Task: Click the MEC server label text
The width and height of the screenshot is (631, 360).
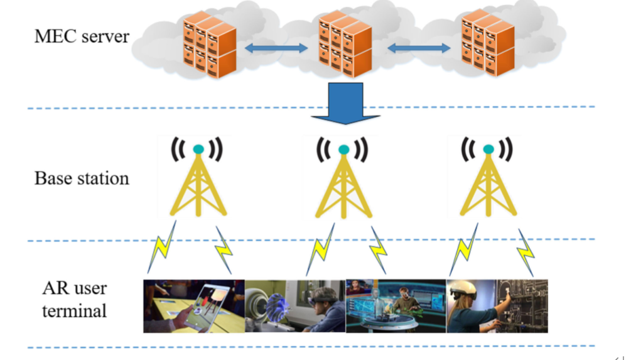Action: point(82,36)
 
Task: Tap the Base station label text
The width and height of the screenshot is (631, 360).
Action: point(82,178)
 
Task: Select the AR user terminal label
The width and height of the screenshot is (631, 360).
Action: point(75,299)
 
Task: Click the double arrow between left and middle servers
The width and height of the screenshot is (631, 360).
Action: point(277,48)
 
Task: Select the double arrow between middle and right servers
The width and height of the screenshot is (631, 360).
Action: point(419,48)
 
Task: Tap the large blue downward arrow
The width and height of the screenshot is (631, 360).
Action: point(345,102)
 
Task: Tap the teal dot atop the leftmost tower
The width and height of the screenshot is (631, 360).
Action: point(198,150)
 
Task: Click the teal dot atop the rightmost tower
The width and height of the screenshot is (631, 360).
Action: point(487,150)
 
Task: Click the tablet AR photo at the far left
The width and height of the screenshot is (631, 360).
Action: point(193,306)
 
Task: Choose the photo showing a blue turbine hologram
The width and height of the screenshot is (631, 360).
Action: point(295,306)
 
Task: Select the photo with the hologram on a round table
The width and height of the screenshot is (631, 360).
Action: point(396,306)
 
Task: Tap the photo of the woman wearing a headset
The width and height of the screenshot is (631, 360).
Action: point(497,306)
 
